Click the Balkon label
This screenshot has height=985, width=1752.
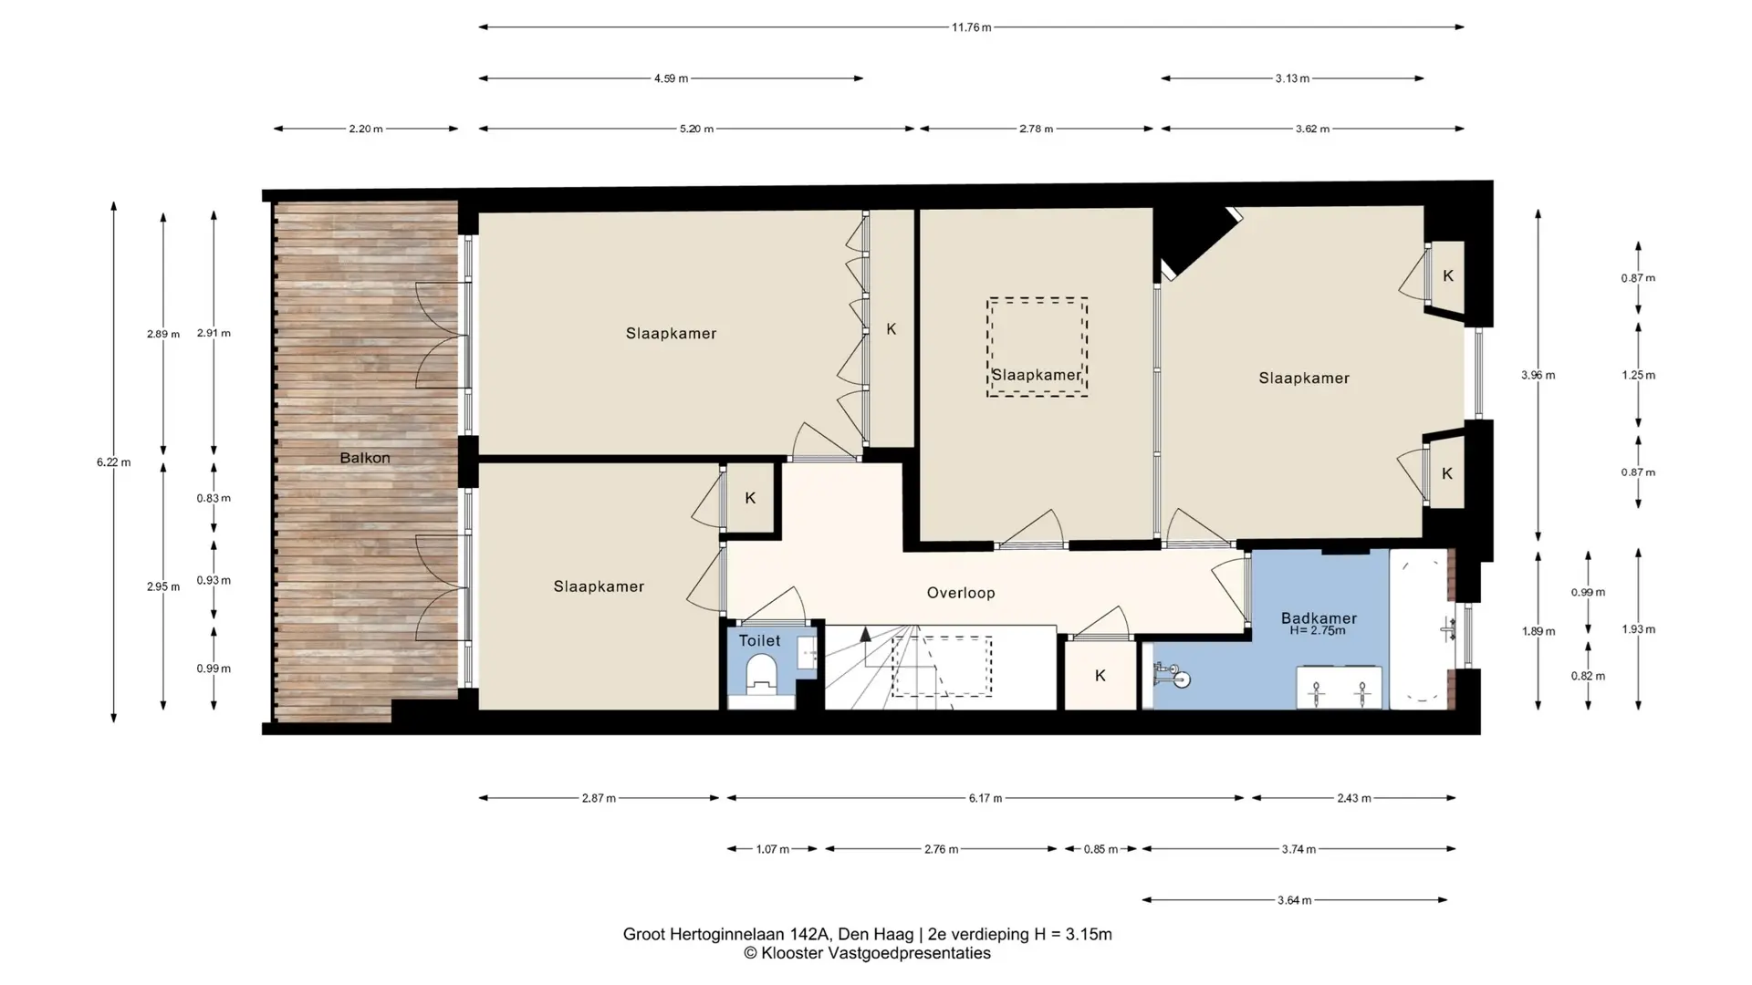(x=365, y=458)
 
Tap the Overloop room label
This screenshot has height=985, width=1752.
(x=961, y=593)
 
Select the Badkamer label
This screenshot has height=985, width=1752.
(x=1319, y=617)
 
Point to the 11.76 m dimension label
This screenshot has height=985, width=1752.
(x=971, y=27)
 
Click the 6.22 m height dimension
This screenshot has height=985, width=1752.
(x=113, y=462)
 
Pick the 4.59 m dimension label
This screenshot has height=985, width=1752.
(x=671, y=78)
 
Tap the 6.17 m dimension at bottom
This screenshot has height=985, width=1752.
(x=985, y=798)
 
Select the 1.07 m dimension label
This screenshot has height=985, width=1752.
(x=773, y=849)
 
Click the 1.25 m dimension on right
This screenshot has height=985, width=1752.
(x=1638, y=375)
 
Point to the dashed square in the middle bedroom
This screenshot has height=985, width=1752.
(x=1037, y=347)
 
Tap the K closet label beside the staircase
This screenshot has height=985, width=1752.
(x=1100, y=676)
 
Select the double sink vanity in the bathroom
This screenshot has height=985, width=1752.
(x=1340, y=688)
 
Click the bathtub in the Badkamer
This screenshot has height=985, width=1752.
(x=1419, y=629)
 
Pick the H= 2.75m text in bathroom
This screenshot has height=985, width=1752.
(x=1318, y=630)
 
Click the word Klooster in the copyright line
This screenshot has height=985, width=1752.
(x=791, y=953)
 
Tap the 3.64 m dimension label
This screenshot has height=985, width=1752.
(x=1295, y=900)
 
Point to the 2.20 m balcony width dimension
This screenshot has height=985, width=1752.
(x=366, y=129)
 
